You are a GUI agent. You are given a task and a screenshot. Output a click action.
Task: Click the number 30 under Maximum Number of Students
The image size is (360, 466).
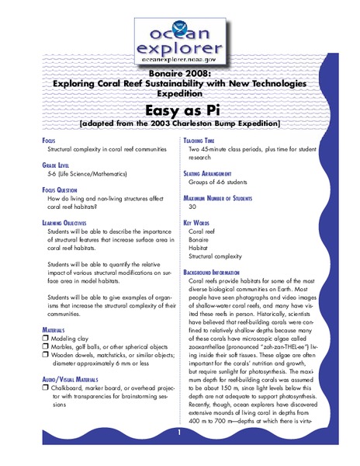(193, 207)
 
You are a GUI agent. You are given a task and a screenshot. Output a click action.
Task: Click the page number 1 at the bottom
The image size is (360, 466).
(179, 432)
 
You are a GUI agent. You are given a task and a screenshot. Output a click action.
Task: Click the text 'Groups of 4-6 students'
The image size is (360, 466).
(221, 185)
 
